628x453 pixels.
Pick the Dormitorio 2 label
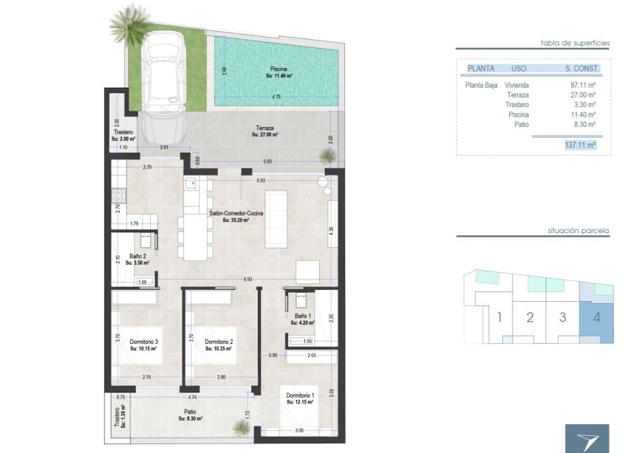pyautogui.click(x=219, y=342)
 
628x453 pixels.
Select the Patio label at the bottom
pyautogui.click(x=190, y=413)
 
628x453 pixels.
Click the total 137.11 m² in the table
pyautogui.click(x=579, y=146)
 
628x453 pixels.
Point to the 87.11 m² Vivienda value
pyautogui.click(x=583, y=85)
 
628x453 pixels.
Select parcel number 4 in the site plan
pyautogui.click(x=595, y=318)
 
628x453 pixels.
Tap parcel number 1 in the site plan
pyautogui.click(x=499, y=318)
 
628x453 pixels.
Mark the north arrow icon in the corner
pyautogui.click(x=587, y=438)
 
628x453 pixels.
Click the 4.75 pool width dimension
pyautogui.click(x=276, y=97)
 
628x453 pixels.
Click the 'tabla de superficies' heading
pyautogui.click(x=574, y=44)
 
